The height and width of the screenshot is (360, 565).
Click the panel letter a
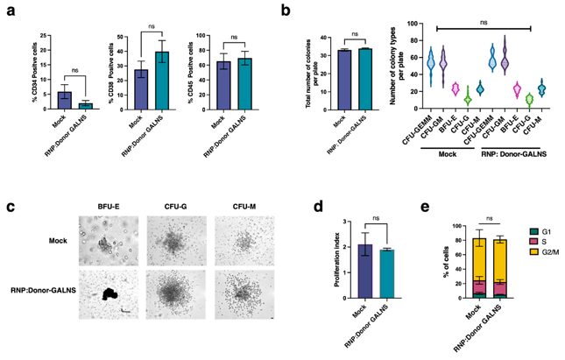click(11, 12)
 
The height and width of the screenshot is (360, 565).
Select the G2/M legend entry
click(544, 257)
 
